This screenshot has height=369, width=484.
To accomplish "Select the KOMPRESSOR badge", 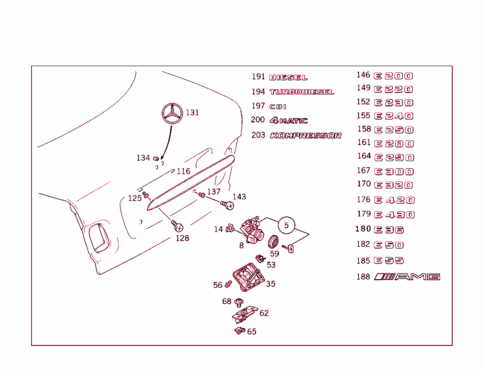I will [305, 136].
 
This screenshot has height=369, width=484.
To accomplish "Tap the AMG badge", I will [407, 277].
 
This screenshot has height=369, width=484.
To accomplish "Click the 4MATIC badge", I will [289, 121].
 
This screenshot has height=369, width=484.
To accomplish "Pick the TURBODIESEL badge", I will [302, 92].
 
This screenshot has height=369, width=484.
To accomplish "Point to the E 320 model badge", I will [394, 185].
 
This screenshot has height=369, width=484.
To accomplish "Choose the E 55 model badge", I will [389, 261].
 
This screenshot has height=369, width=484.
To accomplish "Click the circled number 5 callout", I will [286, 226].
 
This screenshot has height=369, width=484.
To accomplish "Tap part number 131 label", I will [192, 112].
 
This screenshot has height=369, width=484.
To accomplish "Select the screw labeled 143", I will [228, 205].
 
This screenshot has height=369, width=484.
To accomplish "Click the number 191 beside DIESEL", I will [258, 77].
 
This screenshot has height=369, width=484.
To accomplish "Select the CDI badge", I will [278, 107].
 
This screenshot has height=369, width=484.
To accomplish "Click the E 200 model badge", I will [393, 76].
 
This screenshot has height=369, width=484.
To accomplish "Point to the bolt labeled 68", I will [239, 301].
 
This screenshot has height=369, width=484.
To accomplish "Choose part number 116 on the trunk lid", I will [183, 171].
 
